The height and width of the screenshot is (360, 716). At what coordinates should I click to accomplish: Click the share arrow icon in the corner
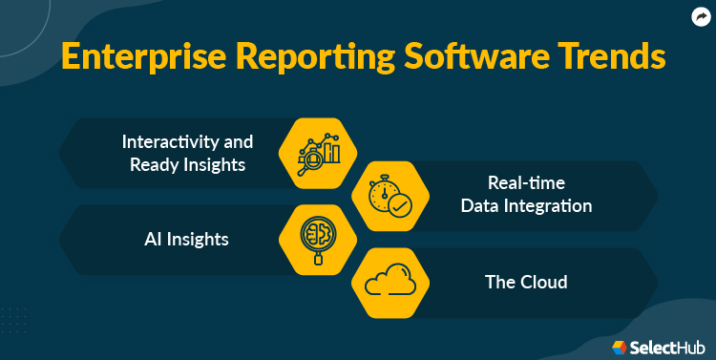[x=699, y=16]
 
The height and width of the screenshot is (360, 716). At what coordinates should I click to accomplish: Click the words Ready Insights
[x=188, y=164]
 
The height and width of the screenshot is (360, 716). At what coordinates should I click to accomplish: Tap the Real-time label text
[x=524, y=183]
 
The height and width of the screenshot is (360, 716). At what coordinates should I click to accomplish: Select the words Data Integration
[x=525, y=206]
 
